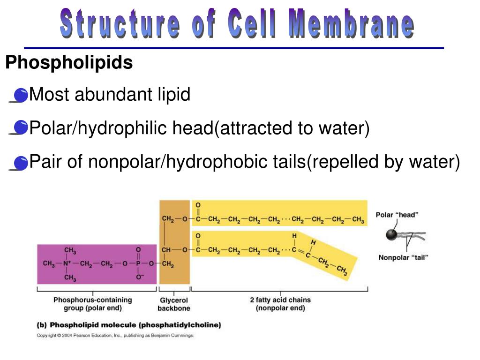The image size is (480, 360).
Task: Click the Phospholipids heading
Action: coord(69,63)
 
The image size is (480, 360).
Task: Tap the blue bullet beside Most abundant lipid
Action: coord(21,96)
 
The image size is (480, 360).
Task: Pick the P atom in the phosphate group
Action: coord(138,264)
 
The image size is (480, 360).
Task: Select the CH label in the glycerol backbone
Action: coord(166,250)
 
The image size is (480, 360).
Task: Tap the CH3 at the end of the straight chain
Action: coord(358,220)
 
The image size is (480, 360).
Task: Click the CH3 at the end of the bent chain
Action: coord(342,270)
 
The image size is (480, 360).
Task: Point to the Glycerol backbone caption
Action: coord(174,304)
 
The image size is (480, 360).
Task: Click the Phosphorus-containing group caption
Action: coord(92,304)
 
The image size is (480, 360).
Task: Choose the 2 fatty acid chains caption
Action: coord(280,304)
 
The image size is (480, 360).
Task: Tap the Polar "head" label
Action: coord(397,215)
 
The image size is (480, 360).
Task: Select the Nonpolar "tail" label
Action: coord(404,257)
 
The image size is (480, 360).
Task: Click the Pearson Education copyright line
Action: coord(115,336)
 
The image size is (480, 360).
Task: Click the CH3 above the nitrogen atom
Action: coord(70,250)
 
